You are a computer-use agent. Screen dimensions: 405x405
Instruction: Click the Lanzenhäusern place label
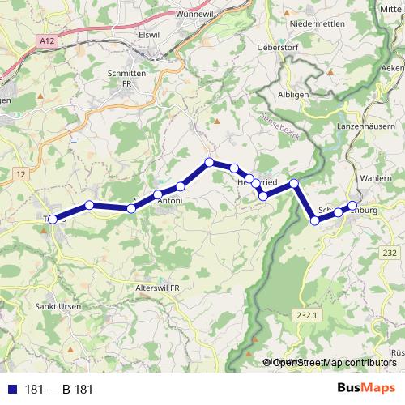tap(367, 127)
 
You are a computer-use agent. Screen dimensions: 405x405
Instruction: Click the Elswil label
tap(150, 35)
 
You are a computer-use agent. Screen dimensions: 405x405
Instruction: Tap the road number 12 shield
tap(21, 174)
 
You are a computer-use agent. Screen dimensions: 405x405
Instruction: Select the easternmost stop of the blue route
tap(352, 205)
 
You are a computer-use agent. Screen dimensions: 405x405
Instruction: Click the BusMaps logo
tap(366, 388)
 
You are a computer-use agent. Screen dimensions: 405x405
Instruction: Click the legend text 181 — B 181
tap(59, 389)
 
